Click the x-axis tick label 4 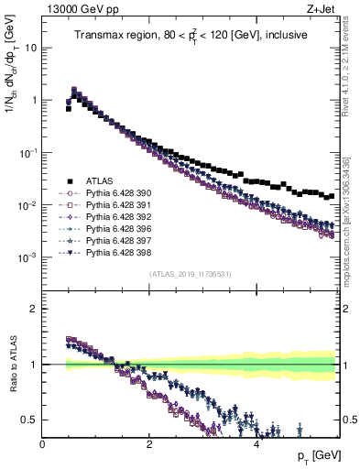pyautogui.click(x=256, y=442)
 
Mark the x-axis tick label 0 pyautogui.click(x=43, y=442)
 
